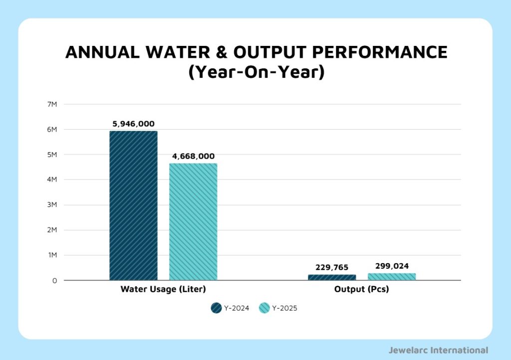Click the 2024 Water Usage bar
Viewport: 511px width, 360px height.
tap(133, 205)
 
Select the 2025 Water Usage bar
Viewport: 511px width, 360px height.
tap(193, 222)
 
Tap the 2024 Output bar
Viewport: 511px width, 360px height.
tap(332, 277)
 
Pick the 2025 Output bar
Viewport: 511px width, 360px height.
tap(392, 277)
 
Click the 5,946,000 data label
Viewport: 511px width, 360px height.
tap(133, 124)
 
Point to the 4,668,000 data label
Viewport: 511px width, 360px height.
tap(193, 156)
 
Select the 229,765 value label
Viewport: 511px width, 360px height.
tap(332, 267)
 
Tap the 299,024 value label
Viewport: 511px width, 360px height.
tap(392, 266)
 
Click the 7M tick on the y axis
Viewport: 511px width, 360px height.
tap(52, 104)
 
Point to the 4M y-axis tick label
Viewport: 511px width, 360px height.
tap(52, 180)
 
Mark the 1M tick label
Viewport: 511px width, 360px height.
tap(52, 255)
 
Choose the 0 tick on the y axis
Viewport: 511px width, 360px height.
tap(54, 281)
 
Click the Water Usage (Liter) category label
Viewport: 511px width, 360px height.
tap(163, 289)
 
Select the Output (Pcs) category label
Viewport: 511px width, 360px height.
tap(362, 289)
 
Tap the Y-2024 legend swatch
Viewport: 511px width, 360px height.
tap(216, 308)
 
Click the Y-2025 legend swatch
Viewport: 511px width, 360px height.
tap(264, 308)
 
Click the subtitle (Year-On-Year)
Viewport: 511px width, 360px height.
tap(256, 72)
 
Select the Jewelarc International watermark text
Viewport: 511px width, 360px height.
tap(438, 350)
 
